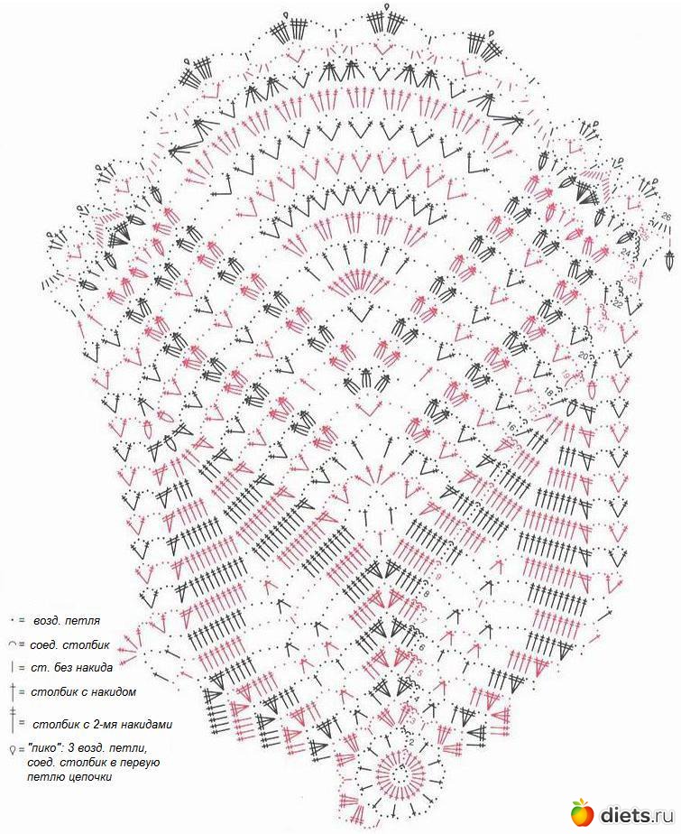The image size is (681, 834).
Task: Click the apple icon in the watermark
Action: click(x=581, y=811)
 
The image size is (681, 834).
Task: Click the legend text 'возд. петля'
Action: click(x=67, y=622)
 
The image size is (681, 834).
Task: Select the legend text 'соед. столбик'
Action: click(x=71, y=645)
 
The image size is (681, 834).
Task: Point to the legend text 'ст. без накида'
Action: click(x=73, y=668)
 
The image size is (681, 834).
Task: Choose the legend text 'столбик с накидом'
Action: click(x=84, y=692)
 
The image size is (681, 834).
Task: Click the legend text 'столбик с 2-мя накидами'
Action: click(x=102, y=724)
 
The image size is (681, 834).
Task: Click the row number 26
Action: click(x=666, y=217)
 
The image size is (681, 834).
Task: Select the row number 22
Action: click(x=617, y=305)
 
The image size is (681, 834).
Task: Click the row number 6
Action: click(x=421, y=646)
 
